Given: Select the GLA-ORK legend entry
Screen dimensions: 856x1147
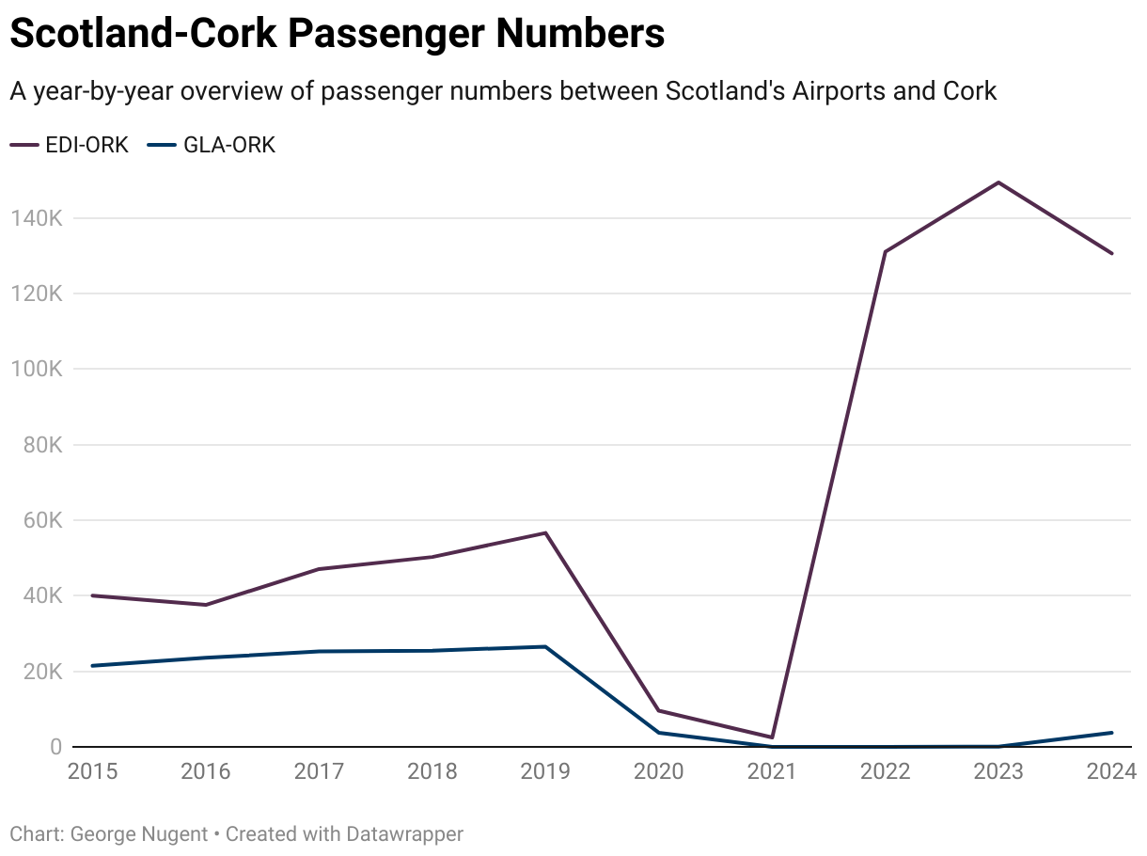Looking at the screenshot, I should tap(212, 145).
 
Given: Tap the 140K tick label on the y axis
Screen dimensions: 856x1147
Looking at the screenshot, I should tap(36, 218).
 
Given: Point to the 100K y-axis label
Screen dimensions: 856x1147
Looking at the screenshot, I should tap(36, 369).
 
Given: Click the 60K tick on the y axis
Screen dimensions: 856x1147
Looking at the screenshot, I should tap(40, 520).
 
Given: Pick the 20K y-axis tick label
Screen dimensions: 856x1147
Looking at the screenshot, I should tap(40, 672).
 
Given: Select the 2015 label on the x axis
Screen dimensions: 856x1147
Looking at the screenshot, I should tap(92, 772).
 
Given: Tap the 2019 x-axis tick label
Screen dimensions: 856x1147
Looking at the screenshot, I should tap(545, 772).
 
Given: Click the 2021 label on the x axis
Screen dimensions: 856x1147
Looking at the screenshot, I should tap(772, 772).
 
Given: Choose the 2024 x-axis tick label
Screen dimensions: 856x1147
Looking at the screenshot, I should tap(1111, 772).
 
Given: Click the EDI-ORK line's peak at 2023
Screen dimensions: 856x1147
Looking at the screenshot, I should tap(998, 182).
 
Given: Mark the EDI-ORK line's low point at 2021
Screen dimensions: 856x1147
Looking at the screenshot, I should tap(772, 737).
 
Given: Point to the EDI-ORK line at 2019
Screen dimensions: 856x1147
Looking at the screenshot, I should tap(545, 533).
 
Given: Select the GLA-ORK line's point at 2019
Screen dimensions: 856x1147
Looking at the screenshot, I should tap(545, 646).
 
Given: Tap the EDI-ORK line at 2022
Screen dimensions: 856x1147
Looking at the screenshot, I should tap(885, 251).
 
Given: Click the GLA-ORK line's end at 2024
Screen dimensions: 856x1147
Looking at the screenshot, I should tap(1111, 733).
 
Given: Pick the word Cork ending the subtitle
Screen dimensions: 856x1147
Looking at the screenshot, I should tap(967, 91).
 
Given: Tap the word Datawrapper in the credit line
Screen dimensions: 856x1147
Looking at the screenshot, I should tap(405, 833).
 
